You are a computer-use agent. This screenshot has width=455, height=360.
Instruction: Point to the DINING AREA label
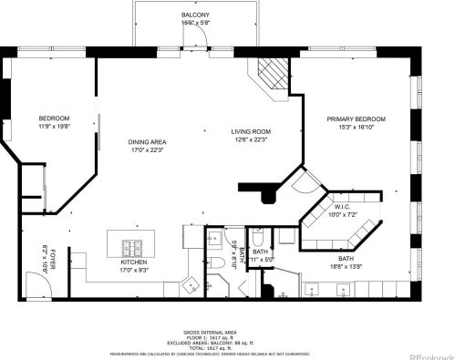[146, 142]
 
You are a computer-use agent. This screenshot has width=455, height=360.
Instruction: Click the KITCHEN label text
[135, 262]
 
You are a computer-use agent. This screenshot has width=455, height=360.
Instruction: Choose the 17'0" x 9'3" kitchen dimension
[135, 270]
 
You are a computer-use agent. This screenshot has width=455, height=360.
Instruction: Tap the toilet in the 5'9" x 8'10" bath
[223, 264]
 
